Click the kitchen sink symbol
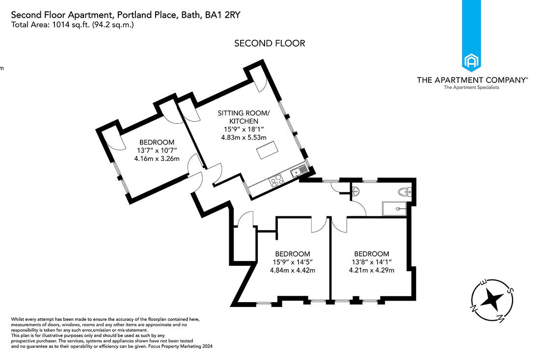coord(298,172)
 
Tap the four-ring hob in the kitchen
coord(276,180)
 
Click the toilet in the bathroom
coord(405,192)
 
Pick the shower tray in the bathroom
coord(396,208)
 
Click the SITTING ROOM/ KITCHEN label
coord(238,117)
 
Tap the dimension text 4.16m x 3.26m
coord(157,158)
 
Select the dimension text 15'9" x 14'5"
coord(292,262)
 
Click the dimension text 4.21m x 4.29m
coord(372,270)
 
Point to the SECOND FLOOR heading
coord(270,43)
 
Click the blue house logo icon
coord(471,62)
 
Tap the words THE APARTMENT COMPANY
coord(471,79)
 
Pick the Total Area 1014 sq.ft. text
coord(72,25)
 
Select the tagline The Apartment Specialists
coord(471,87)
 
